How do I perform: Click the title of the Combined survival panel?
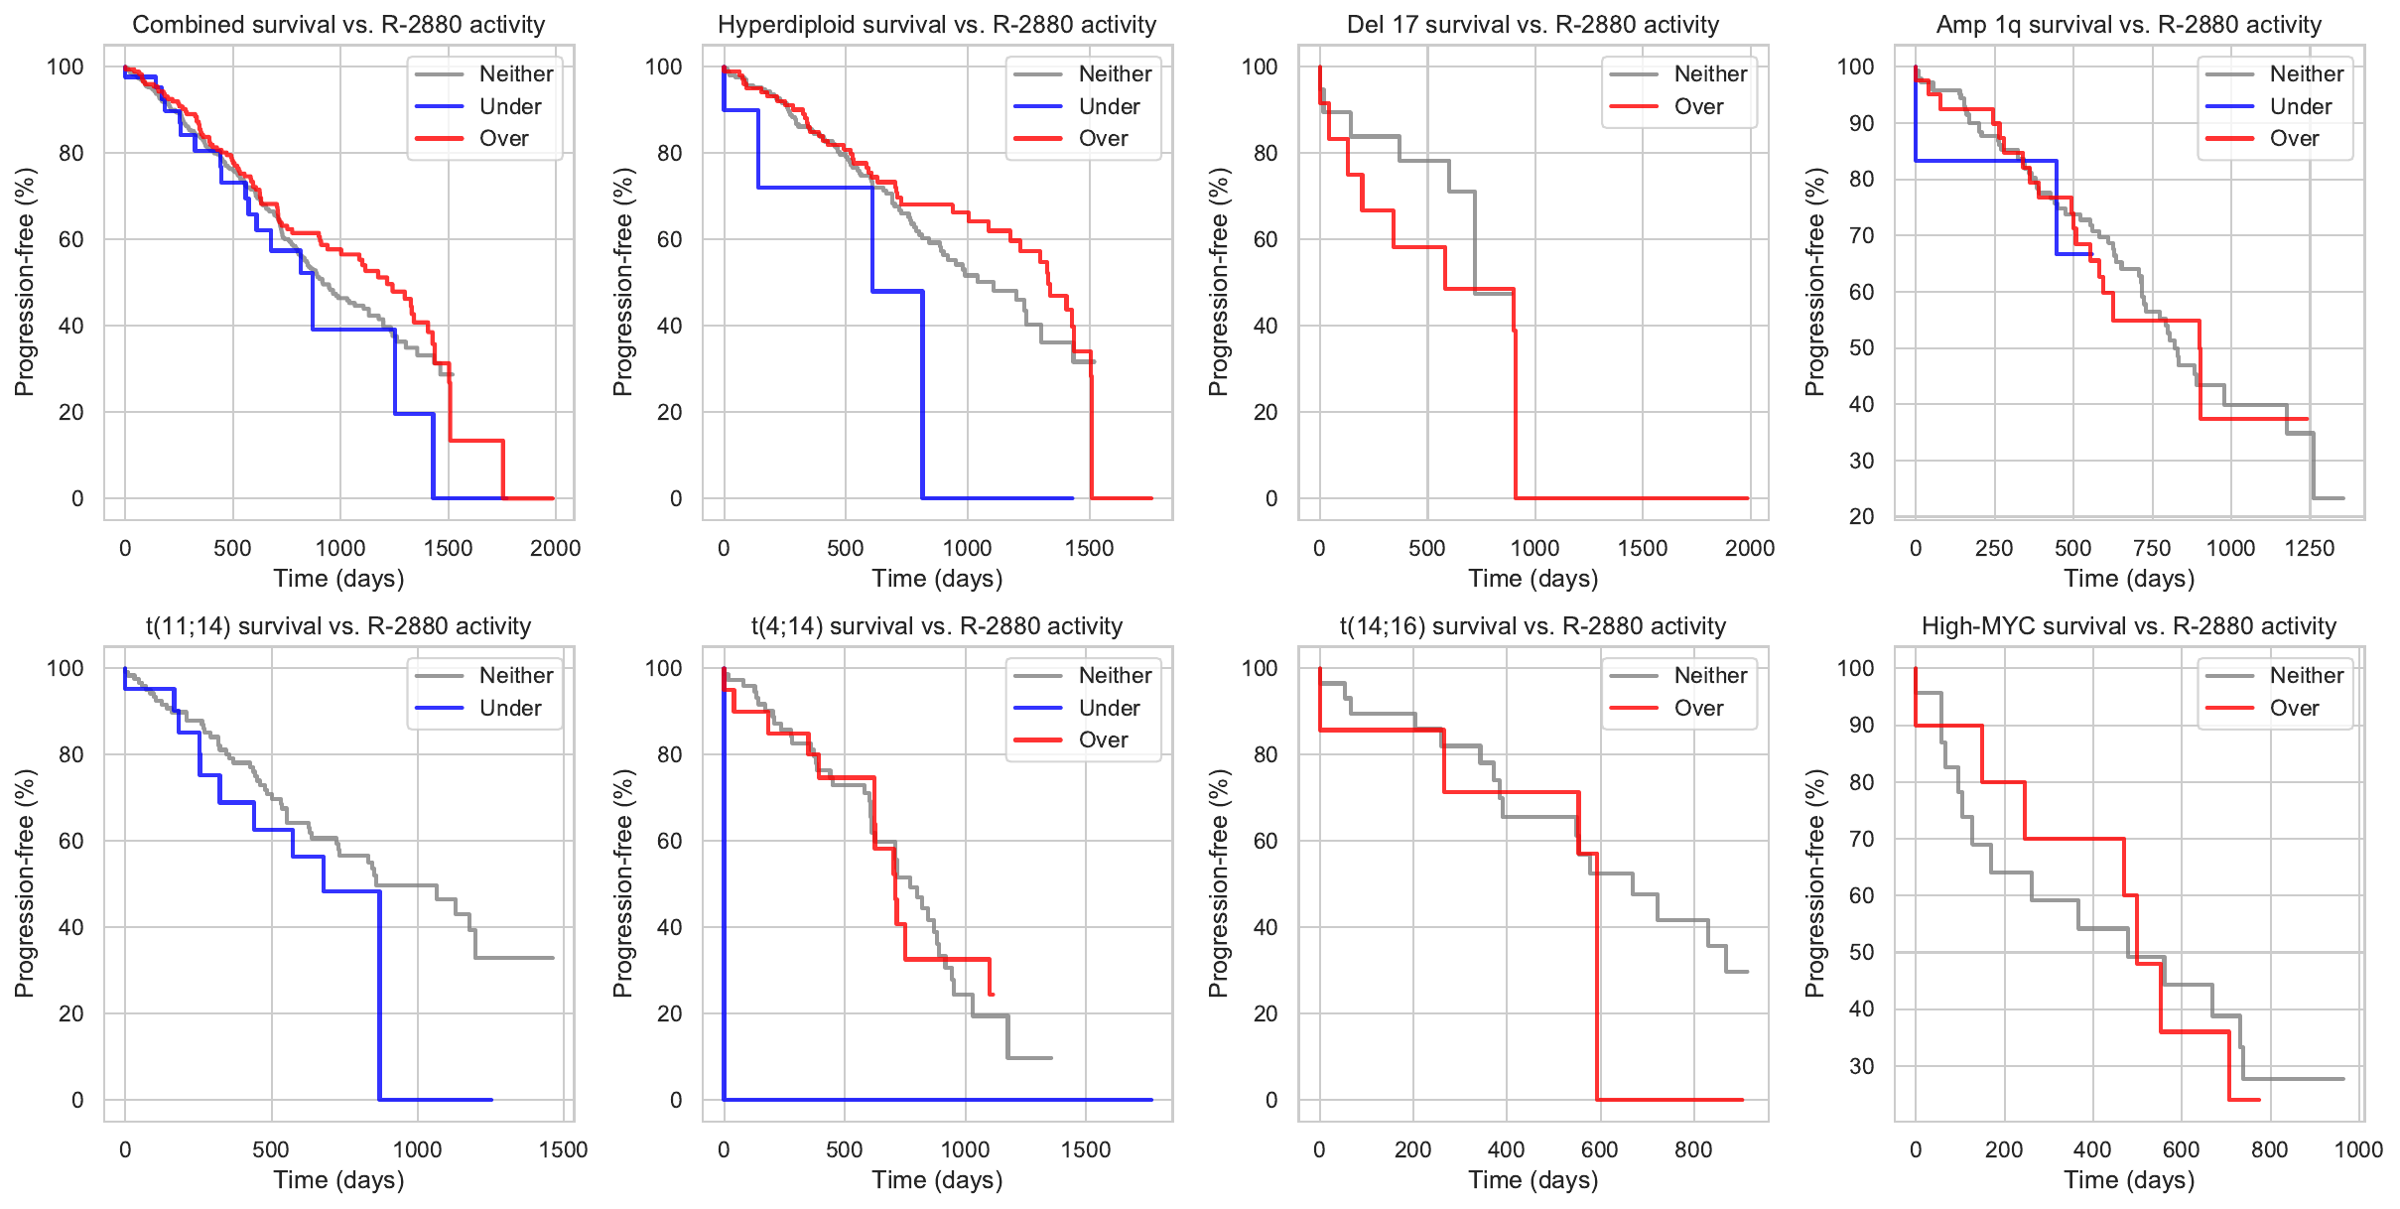338,25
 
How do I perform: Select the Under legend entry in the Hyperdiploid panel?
1108,106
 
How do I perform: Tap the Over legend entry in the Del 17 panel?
1697,106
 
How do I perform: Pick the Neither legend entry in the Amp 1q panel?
2306,73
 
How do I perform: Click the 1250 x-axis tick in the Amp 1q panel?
2310,548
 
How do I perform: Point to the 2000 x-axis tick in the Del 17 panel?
1750,548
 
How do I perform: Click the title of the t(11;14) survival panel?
338,626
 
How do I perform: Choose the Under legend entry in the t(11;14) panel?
509,708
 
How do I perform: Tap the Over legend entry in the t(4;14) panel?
1103,739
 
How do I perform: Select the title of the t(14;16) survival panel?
1533,626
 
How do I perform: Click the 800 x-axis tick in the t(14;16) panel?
1693,1149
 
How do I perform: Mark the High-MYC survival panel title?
2129,626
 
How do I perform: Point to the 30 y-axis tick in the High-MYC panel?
1861,1066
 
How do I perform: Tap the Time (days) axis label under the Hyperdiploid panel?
937,579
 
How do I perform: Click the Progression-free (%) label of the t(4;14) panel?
622,883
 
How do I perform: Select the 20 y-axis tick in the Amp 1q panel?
1861,516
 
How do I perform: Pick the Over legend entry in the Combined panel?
503,138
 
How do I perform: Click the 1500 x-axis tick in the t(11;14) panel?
564,1149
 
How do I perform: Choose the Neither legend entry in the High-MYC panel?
2306,675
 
